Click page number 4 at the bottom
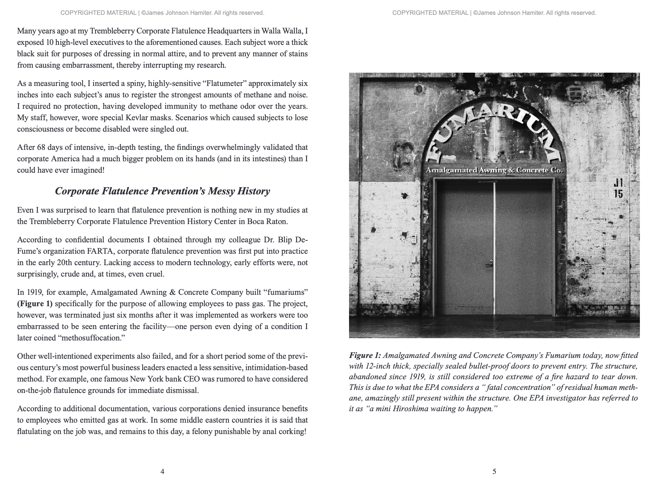(162, 472)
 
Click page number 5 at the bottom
(494, 472)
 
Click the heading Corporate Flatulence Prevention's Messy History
(162, 191)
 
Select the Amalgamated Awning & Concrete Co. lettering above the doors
(494, 170)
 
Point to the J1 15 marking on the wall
(619, 188)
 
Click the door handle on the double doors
(491, 262)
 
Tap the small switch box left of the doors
(414, 239)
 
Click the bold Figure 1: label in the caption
(365, 356)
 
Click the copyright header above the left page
(162, 13)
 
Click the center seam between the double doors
(494, 247)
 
